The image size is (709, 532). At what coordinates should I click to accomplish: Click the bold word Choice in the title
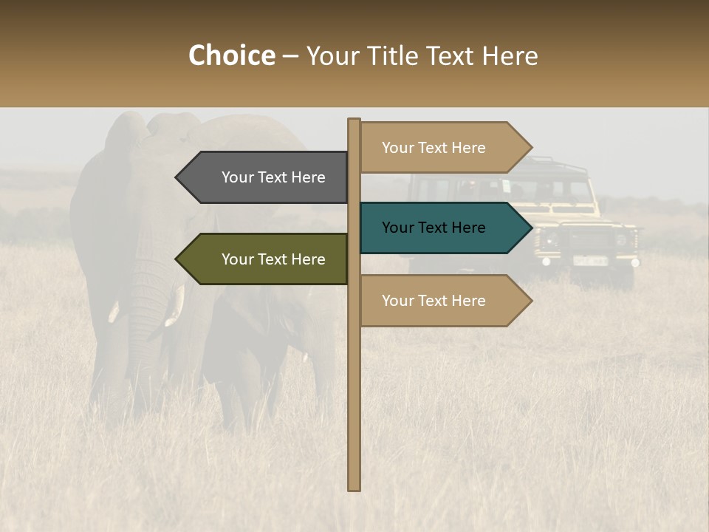[x=231, y=56]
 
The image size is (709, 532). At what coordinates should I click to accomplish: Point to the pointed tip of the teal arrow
[x=530, y=228]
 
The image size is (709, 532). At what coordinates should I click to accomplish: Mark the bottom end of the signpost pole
[x=354, y=488]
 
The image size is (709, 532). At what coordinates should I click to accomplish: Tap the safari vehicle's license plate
[x=590, y=260]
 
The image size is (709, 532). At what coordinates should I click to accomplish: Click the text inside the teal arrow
[x=434, y=228]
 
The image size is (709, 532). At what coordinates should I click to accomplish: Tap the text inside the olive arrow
[x=273, y=259]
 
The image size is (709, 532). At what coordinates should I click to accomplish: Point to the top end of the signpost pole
[x=354, y=121]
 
